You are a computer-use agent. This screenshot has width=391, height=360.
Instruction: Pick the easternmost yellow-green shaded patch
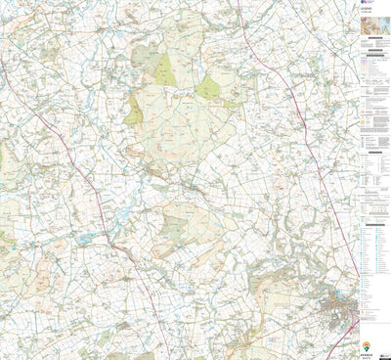(208, 89)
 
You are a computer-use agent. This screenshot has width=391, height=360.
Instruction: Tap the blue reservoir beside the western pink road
(86, 238)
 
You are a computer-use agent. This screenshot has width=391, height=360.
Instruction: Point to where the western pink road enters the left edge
(2, 68)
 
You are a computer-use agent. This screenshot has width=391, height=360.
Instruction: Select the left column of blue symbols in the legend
(359, 245)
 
